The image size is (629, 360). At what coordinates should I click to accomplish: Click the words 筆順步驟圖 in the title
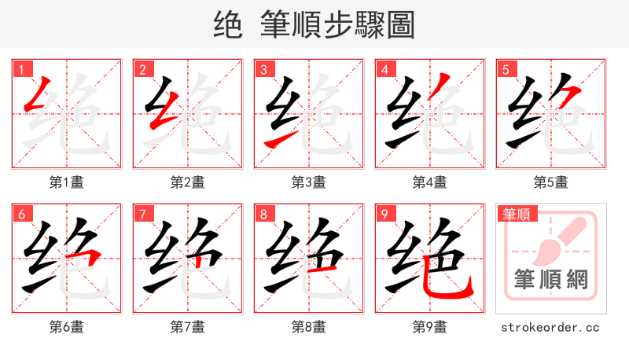pyautogui.click(x=337, y=25)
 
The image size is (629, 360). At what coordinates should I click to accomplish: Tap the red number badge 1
pyautogui.click(x=20, y=69)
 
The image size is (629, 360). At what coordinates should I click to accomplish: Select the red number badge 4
pyautogui.click(x=384, y=69)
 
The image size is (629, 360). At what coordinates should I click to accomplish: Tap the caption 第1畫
pyautogui.click(x=66, y=182)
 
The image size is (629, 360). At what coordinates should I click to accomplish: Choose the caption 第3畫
pyautogui.click(x=308, y=182)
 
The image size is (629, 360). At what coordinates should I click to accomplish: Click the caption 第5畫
pyautogui.click(x=550, y=182)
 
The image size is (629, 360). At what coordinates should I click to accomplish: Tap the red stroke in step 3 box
pyautogui.click(x=278, y=140)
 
